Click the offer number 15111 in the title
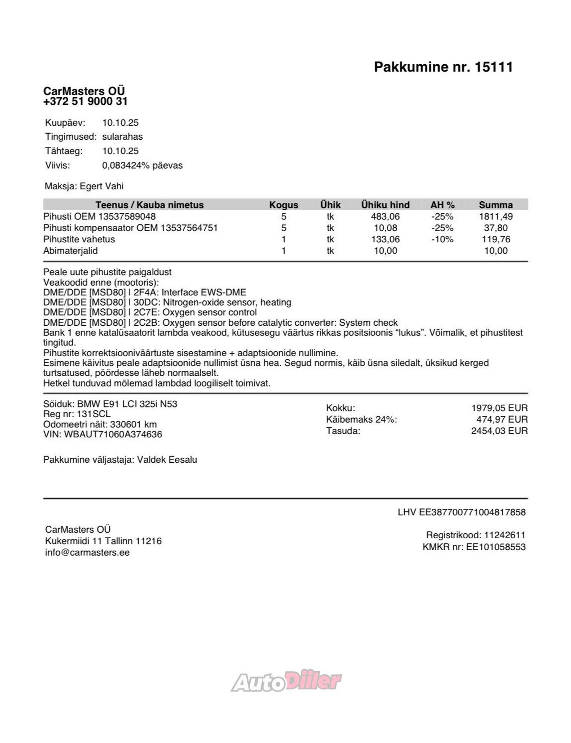tap(494, 67)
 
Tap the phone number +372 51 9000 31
tap(85, 102)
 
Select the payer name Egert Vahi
tap(102, 186)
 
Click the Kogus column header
tap(283, 205)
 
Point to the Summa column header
tap(496, 205)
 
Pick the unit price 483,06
tap(385, 216)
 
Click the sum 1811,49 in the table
tap(496, 216)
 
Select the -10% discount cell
tap(442, 239)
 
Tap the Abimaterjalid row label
tap(70, 251)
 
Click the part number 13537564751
tap(189, 228)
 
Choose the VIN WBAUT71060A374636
tap(113, 434)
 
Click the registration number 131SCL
tap(94, 414)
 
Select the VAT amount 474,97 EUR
tap(502, 419)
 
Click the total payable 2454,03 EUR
tap(499, 431)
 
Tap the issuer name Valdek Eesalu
tap(167, 460)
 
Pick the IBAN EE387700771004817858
tap(472, 512)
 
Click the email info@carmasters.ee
tap(87, 552)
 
